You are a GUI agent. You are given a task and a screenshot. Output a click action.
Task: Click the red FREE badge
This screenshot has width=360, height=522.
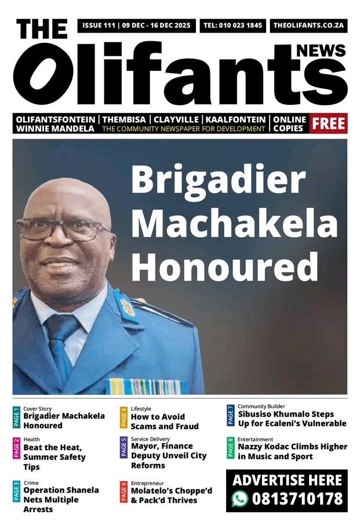click(x=329, y=123)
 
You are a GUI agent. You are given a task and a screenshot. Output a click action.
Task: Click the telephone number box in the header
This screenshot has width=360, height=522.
click(x=232, y=26)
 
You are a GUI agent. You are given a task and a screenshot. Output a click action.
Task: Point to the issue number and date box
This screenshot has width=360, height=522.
click(x=136, y=26)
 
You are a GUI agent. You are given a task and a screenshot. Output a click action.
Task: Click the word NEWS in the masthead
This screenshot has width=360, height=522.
click(x=321, y=51)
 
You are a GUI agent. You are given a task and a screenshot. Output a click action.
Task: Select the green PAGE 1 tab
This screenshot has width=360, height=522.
click(x=16, y=417)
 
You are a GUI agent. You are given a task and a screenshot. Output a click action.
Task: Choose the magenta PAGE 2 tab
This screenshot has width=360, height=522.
click(x=16, y=449)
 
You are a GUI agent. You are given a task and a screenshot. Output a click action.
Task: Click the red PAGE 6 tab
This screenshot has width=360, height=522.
click(x=123, y=491)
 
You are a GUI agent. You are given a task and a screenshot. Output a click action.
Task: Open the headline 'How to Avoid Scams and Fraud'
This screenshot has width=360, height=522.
click(x=165, y=422)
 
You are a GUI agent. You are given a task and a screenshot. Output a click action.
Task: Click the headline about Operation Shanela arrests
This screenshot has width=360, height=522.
click(x=61, y=499)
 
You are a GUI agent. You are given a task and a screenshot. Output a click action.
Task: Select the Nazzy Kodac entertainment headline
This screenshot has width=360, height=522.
click(x=292, y=451)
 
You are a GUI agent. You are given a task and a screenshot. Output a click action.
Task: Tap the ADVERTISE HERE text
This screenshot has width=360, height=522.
click(x=287, y=480)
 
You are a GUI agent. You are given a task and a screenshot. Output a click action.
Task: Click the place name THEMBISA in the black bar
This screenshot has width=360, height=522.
click(x=124, y=119)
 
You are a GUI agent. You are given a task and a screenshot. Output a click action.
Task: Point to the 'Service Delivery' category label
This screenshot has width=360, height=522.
click(x=150, y=439)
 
